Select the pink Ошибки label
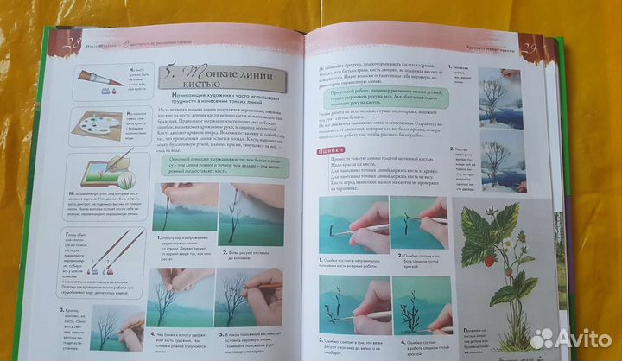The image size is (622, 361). [x=322, y=151]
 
